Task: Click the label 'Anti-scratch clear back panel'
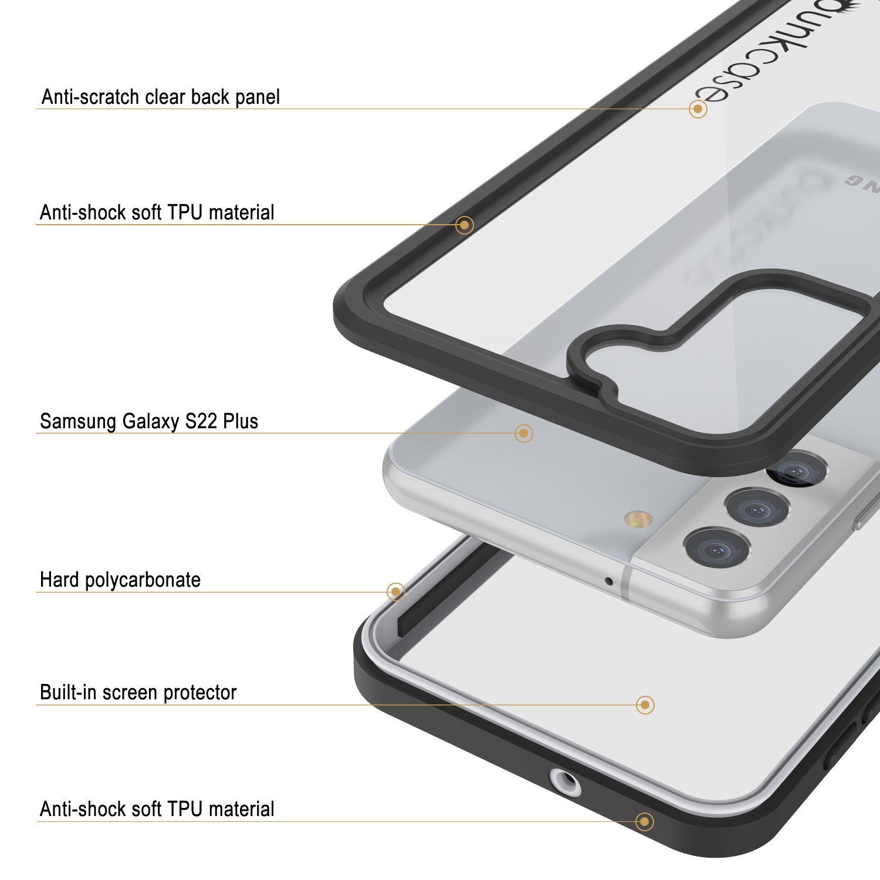coord(160,97)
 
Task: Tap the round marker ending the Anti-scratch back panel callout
coord(698,109)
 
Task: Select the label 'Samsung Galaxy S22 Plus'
coord(148,421)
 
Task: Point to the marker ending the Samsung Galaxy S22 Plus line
coord(523,434)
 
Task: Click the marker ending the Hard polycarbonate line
coord(396,591)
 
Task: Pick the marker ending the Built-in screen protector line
coord(645,705)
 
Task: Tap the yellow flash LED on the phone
coord(639,519)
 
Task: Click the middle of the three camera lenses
coord(756,508)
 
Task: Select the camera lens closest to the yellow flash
coord(717,550)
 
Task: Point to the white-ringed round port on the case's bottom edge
coord(565,783)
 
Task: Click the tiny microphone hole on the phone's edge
coord(609,581)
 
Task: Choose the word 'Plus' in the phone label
coord(241,421)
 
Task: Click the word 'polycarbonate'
coord(143,580)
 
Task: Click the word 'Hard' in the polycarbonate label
coord(59,580)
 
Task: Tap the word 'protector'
coord(199,693)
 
